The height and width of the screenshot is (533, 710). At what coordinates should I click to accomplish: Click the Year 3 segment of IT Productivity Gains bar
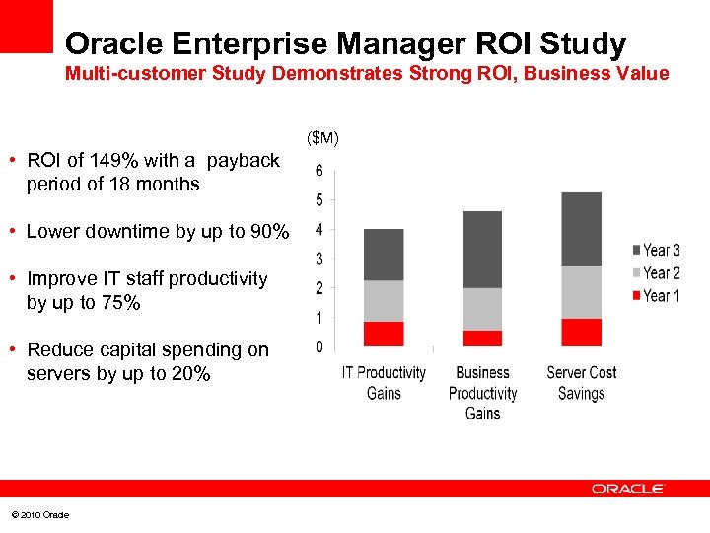(x=384, y=255)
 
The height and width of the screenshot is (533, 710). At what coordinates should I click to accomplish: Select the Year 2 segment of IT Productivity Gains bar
(x=384, y=301)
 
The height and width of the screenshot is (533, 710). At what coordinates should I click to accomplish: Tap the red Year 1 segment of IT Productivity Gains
(x=384, y=334)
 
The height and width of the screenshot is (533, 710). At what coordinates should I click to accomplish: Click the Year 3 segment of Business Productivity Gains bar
(x=482, y=250)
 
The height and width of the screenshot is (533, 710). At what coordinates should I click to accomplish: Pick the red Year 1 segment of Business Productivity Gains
(x=482, y=339)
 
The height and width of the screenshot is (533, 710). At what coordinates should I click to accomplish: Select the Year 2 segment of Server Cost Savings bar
(x=581, y=292)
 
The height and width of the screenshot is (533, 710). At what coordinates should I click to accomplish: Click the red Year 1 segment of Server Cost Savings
(x=581, y=333)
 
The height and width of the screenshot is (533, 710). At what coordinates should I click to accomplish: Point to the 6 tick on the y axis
(x=319, y=171)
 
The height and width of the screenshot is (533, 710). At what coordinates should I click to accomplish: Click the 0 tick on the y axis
(x=319, y=347)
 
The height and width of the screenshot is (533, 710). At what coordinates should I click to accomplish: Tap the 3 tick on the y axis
(x=319, y=259)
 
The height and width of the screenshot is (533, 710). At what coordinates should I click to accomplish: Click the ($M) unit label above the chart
(x=322, y=137)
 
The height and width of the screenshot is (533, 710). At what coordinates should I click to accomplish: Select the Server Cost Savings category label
(x=581, y=383)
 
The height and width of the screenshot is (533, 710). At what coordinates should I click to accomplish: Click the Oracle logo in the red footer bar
(x=628, y=489)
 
